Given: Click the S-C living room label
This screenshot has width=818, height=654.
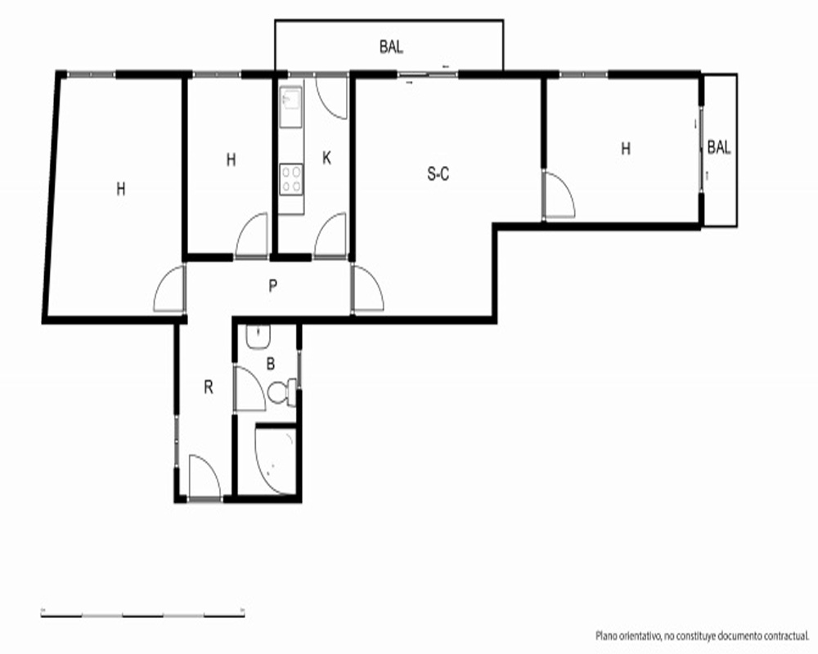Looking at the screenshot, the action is [438, 173].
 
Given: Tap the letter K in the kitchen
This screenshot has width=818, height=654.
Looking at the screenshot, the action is [326, 158].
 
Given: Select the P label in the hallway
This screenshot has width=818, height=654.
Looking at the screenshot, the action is [273, 286].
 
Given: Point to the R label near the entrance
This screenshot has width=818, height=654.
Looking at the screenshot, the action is [209, 387].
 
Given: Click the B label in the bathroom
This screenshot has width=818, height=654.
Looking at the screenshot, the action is [270, 364].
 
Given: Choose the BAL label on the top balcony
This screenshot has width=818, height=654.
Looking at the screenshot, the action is [391, 47].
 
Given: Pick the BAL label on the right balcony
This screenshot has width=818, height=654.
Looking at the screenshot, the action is [719, 148].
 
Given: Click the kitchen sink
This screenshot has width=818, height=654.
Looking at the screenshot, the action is [290, 106].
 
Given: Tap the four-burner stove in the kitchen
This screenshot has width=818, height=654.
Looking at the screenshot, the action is [291, 179].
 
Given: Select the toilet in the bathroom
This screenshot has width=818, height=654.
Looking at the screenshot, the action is [282, 392].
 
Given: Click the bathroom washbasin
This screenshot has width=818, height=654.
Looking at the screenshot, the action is [258, 337].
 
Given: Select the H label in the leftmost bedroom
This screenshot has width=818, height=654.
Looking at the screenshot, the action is [121, 189].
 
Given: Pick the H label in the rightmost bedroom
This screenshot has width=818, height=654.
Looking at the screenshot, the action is [626, 149].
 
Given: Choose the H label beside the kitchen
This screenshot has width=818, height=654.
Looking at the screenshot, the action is [231, 159].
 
